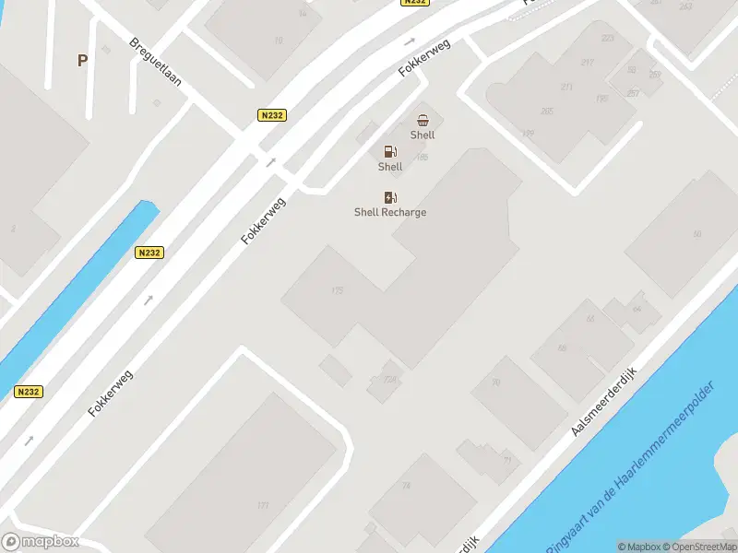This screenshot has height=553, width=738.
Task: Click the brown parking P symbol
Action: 82,61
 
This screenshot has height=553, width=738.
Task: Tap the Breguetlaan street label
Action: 155,61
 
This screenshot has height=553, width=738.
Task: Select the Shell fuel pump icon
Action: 390,151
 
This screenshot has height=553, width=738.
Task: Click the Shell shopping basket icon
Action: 423,120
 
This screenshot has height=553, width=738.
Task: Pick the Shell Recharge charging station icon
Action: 390,197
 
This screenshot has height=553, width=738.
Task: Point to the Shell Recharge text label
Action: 390,212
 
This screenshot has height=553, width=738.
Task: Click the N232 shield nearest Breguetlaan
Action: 272,115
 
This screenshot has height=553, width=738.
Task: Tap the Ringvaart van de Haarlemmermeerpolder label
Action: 632,465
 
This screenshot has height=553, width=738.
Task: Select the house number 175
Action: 337,290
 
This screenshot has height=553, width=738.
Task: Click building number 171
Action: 263,505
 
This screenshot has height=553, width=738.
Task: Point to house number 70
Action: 495,382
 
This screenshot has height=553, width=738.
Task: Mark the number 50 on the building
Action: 696,234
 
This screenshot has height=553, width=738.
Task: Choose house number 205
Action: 547,112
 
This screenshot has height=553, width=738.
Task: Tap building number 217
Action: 588,63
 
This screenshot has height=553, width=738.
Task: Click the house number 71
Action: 506,460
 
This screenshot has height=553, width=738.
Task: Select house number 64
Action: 636,308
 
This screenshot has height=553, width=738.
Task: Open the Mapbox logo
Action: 40,542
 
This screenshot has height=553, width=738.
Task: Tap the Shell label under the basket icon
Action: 423,135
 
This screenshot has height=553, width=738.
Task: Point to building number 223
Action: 607,38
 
